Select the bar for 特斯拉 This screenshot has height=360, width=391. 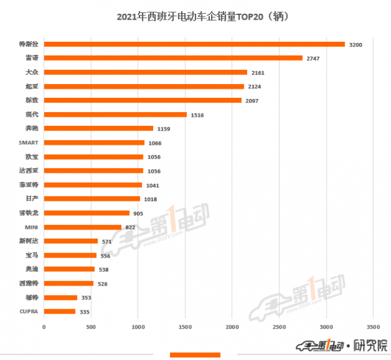pos(194,44)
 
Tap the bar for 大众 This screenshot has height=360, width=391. pos(145,72)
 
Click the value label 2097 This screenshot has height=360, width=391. pos(252,100)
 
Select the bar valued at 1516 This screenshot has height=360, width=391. pos(115,115)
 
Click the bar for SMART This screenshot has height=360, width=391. pos(94,143)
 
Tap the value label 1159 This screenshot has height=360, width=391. pos(164,128)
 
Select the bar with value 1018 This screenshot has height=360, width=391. pos(92,199)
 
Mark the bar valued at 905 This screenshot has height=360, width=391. pos(87,213)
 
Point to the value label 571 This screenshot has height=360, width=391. pos(108,241)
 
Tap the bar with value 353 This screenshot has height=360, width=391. pos(61,297)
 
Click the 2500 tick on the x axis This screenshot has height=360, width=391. pos(279,325)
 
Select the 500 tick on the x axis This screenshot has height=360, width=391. pos(91,325)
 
